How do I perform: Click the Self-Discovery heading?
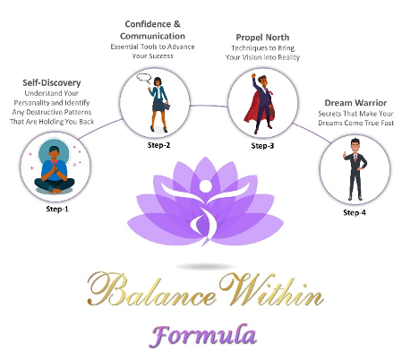pyautogui.click(x=52, y=82)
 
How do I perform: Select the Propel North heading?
pyautogui.click(x=262, y=38)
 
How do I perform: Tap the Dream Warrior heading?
pyautogui.click(x=355, y=103)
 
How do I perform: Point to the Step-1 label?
pyautogui.click(x=57, y=209)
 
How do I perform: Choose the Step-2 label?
pyautogui.click(x=158, y=145)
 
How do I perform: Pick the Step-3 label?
pyautogui.click(x=262, y=146)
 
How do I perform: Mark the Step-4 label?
pyautogui.click(x=355, y=212)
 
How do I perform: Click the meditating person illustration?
pyautogui.click(x=54, y=169)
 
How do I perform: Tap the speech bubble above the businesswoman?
pyautogui.click(x=144, y=78)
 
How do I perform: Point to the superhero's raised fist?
pyautogui.click(x=253, y=76)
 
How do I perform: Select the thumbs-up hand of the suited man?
pyautogui.click(x=345, y=155)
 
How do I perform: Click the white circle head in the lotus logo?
pyautogui.click(x=205, y=186)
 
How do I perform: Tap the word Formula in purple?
pyautogui.click(x=203, y=336)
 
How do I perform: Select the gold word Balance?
pyautogui.click(x=151, y=289)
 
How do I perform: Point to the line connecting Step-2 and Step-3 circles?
pyautogui.click(x=209, y=106)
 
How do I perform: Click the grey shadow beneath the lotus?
pyautogui.click(x=205, y=266)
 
